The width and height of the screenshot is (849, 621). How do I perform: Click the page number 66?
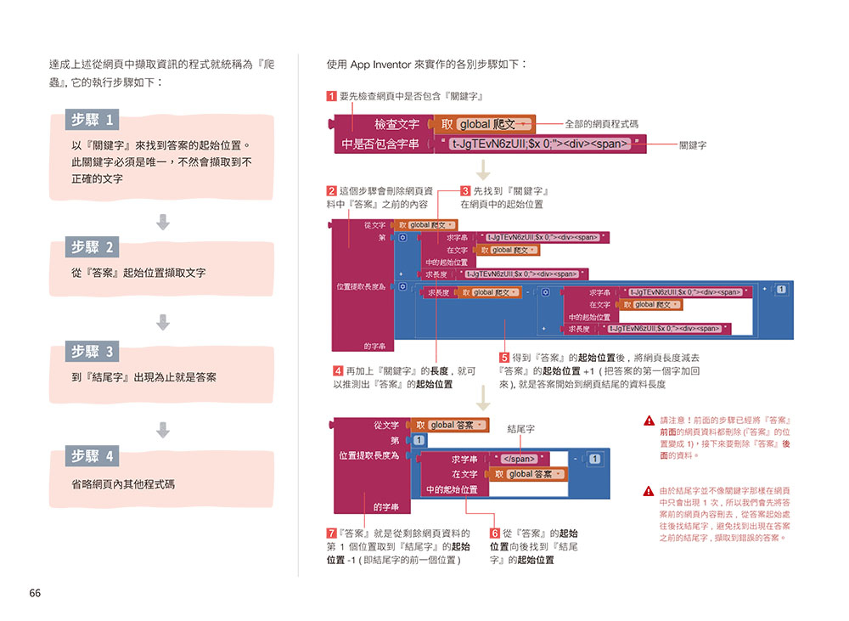click(x=35, y=593)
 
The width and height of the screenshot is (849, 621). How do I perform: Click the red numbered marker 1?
click(x=331, y=97)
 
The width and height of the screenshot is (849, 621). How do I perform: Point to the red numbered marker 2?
click(x=331, y=191)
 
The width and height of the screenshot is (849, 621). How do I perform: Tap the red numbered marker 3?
click(x=465, y=191)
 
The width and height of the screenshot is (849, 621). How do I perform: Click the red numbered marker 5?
click(x=504, y=358)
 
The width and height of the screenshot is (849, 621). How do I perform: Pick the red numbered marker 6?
click(x=495, y=533)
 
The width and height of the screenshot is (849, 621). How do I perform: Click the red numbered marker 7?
click(x=331, y=533)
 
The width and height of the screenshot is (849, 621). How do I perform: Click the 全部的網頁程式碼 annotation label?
click(x=601, y=124)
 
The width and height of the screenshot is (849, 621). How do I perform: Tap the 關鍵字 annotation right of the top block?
click(x=693, y=145)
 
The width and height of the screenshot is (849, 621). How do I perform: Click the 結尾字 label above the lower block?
click(x=520, y=430)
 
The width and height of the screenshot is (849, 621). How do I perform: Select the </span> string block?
click(x=520, y=460)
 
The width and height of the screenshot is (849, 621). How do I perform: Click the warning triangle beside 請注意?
click(x=649, y=421)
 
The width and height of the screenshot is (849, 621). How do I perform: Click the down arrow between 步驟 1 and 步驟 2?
click(x=163, y=222)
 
